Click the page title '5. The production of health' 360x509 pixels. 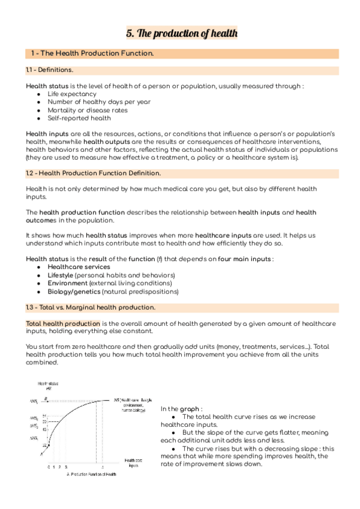pos(181,34)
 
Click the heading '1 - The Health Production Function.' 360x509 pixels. pos(92,54)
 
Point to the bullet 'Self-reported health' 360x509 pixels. pos(79,118)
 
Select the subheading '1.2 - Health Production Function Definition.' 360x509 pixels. pos(93,173)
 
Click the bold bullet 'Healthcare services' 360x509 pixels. pos(79,267)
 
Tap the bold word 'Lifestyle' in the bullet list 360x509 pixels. pos(61,274)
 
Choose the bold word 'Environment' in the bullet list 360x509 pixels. pos(67,283)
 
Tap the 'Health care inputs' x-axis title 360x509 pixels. pos(133,462)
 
